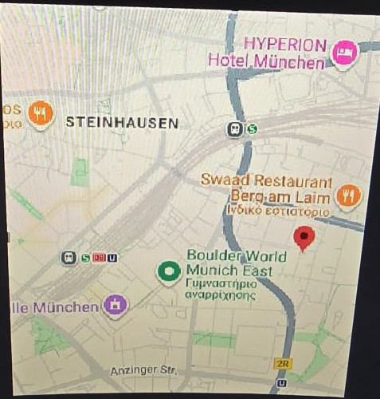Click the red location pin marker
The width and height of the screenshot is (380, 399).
(x=304, y=237)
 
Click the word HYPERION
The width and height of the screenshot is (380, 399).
(x=285, y=43)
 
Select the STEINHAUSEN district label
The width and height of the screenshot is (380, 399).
(x=122, y=122)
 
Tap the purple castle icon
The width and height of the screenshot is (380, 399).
(x=115, y=305)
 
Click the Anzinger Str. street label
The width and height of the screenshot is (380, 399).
(x=141, y=371)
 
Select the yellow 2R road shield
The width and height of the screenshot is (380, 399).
(x=283, y=364)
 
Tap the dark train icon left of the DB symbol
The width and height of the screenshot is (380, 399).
(x=69, y=257)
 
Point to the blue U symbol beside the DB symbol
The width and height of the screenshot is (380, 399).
(x=112, y=257)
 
